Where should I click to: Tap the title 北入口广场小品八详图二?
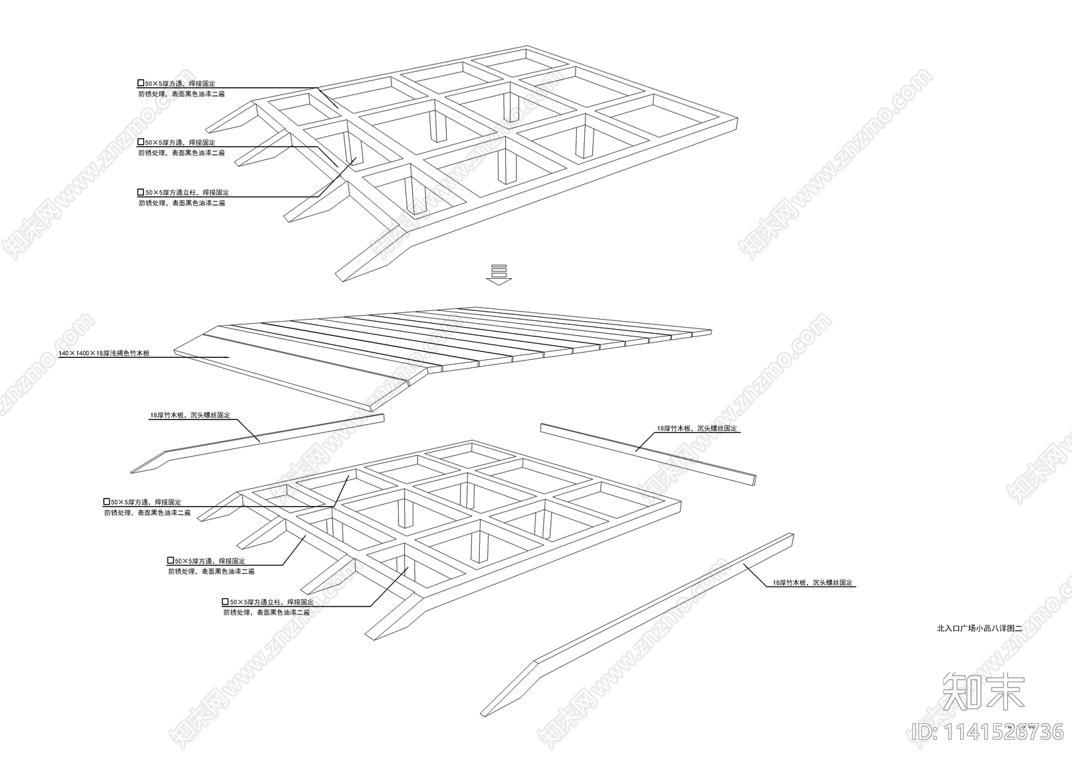pyautogui.click(x=978, y=629)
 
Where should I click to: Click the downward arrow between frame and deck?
pyautogui.click(x=498, y=275)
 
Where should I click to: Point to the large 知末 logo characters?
pyautogui.click(x=984, y=692)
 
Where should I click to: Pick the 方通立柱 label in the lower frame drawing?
pyautogui.click(x=267, y=603)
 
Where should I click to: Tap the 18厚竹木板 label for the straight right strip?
pyautogui.click(x=698, y=428)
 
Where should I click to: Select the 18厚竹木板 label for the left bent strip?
pyautogui.click(x=190, y=416)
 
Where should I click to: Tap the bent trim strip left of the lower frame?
pyautogui.click(x=268, y=440)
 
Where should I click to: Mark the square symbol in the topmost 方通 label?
pyautogui.click(x=141, y=83)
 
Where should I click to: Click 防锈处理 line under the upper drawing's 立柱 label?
pyautogui.click(x=182, y=203)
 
